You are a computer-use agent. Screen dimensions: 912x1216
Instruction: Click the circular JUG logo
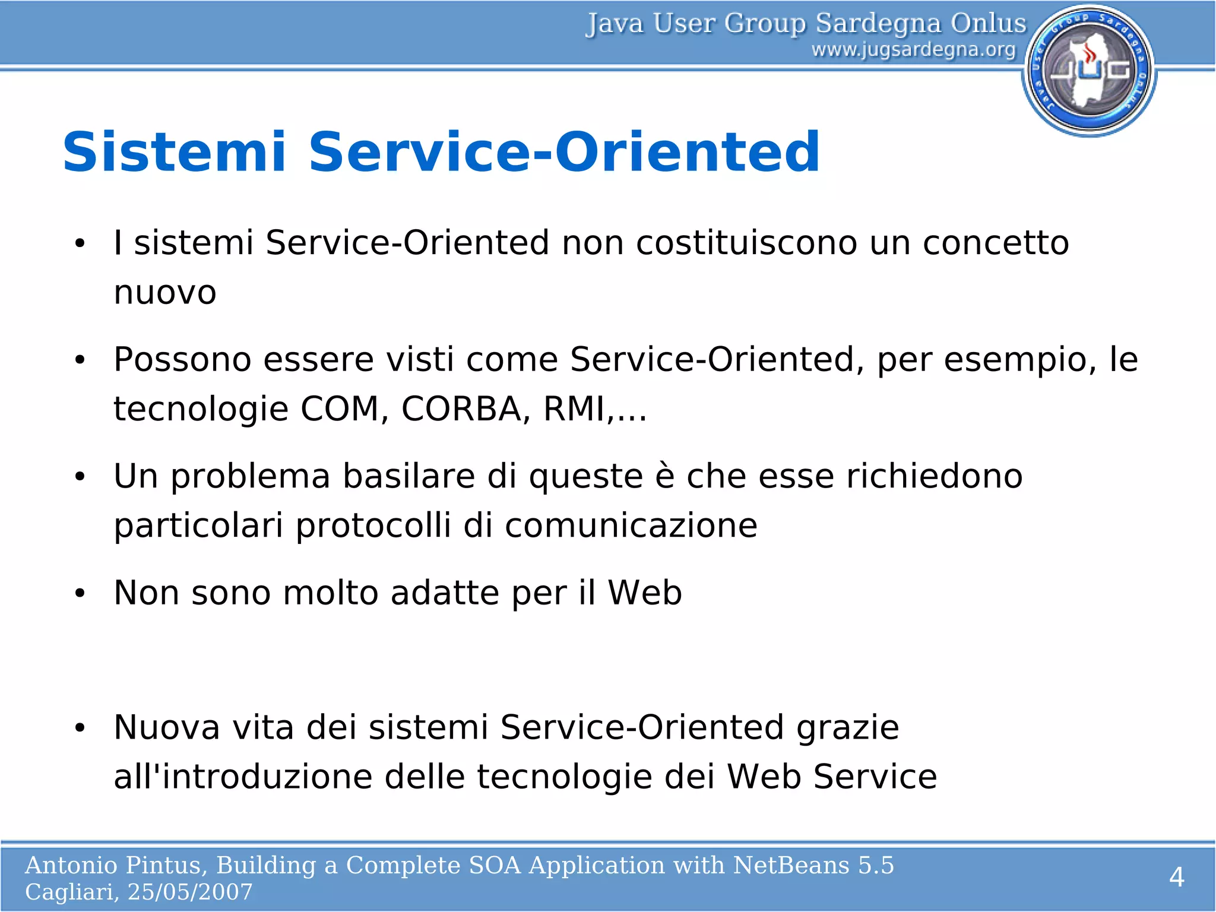tap(1089, 70)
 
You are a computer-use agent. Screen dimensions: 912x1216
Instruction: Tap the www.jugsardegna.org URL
tap(913, 49)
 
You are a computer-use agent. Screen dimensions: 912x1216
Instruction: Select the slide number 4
tap(1176, 877)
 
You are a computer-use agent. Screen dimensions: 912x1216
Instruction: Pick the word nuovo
tap(165, 292)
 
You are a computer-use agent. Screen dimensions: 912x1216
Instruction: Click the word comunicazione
tap(631, 525)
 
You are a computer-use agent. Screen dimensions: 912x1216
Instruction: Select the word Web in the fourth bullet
tap(644, 593)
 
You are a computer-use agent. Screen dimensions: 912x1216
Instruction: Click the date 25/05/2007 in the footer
tap(190, 892)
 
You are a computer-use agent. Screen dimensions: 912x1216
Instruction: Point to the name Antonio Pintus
tap(115, 865)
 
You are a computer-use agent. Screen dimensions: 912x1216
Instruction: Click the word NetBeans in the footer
tap(791, 865)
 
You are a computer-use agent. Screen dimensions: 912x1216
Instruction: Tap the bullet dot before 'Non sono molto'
tap(80, 593)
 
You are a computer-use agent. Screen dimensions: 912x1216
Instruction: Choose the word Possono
tap(182, 359)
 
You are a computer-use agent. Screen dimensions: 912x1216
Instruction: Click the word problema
tap(250, 477)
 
